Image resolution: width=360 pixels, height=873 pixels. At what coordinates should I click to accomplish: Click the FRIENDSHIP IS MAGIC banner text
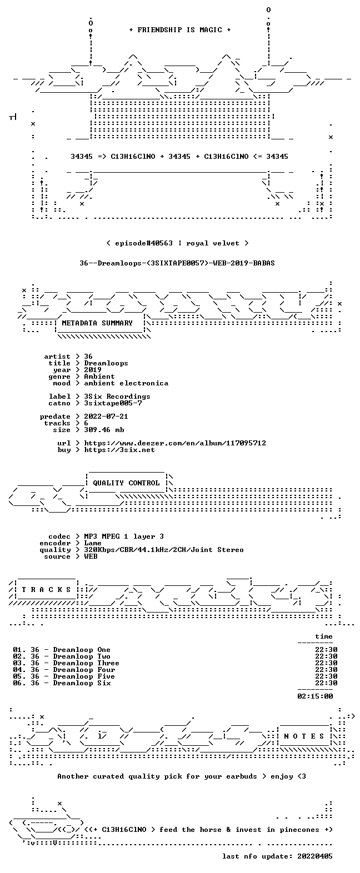[180, 30]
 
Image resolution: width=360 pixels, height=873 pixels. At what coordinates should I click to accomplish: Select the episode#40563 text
[144, 243]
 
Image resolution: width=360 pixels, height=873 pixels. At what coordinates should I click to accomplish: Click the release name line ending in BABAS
[177, 263]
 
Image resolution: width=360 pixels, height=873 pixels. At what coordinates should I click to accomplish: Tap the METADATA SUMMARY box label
[97, 323]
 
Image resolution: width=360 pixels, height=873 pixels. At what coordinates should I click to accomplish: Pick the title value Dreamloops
[106, 363]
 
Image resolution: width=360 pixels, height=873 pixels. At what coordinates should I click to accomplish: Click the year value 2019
[93, 370]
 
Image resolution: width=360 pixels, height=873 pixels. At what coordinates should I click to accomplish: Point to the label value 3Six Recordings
[117, 397]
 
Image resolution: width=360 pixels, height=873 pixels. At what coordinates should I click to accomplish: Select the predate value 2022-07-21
[106, 417]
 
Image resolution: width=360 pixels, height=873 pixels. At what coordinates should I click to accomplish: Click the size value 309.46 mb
[104, 430]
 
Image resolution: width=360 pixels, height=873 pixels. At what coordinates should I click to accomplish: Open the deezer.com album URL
[175, 443]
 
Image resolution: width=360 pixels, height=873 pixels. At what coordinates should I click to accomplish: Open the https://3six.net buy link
[119, 450]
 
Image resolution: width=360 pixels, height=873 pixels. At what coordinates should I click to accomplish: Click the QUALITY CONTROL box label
[126, 483]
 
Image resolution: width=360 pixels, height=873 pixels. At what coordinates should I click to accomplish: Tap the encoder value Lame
[93, 543]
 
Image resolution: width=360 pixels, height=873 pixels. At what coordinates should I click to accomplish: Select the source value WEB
[91, 556]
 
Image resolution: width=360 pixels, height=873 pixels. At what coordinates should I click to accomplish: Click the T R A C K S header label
[46, 590]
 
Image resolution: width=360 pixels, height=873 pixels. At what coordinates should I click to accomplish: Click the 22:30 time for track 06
[326, 683]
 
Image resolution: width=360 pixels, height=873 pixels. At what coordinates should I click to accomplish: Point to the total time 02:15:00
[315, 696]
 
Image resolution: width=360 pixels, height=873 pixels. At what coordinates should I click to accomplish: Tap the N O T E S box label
[304, 736]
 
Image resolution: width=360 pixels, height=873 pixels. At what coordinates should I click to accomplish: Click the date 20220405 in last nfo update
[315, 856]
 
